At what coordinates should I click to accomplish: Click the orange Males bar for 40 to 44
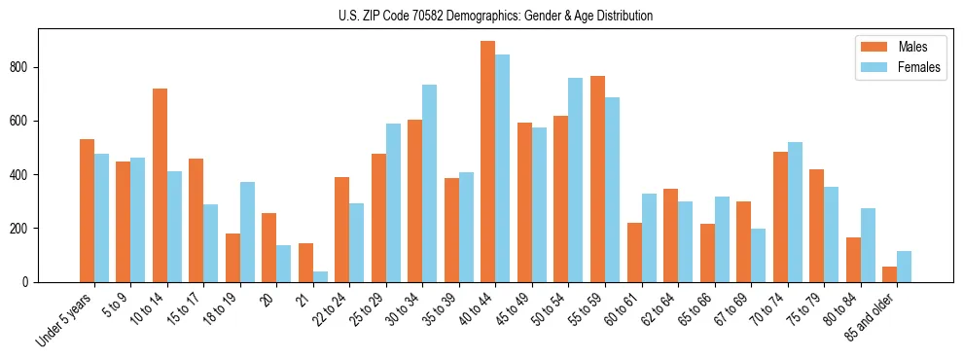pos(488,162)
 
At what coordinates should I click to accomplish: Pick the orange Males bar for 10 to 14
pos(160,185)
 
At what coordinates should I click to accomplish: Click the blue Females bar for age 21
pos(320,276)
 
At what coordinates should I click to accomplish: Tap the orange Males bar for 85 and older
pos(889,274)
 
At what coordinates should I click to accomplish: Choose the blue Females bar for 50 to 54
pos(576,180)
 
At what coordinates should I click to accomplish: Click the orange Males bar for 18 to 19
pos(233,258)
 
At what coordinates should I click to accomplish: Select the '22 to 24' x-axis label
pos(330,309)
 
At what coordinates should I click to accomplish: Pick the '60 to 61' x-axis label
pos(622,309)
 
